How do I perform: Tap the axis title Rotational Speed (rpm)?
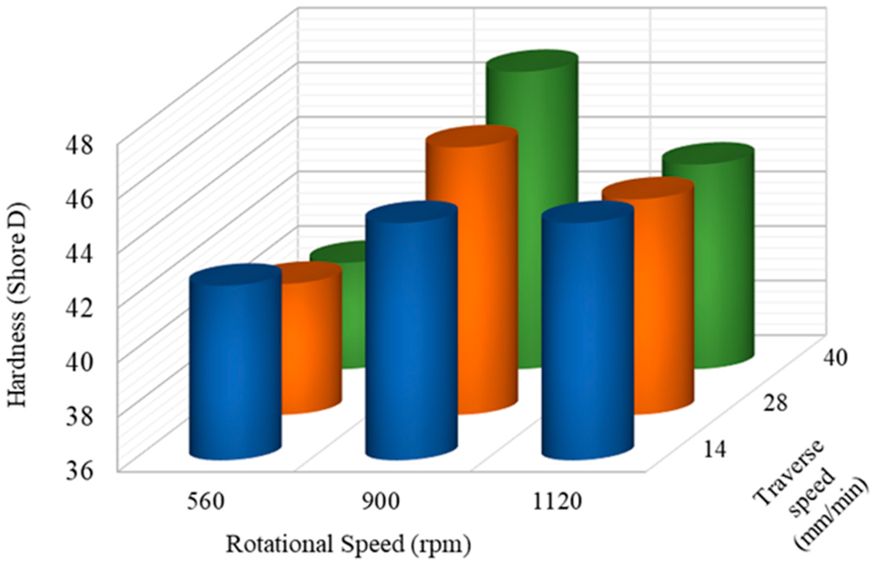[348, 545]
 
